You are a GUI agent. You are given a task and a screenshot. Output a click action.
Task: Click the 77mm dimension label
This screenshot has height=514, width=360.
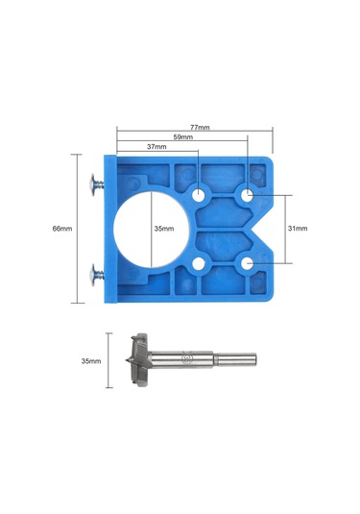point(200,127)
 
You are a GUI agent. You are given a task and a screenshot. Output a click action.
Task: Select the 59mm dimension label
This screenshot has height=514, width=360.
point(183,137)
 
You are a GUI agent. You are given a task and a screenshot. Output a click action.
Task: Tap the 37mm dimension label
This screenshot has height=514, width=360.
point(156,147)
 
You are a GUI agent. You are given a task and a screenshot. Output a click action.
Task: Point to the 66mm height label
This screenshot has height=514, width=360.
point(62,229)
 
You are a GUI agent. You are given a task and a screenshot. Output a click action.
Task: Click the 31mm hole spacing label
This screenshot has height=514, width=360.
point(298,229)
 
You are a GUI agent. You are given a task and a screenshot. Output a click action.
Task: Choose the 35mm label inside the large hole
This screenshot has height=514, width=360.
point(164,229)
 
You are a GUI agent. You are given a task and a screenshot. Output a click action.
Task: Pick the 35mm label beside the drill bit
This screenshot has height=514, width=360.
point(91,361)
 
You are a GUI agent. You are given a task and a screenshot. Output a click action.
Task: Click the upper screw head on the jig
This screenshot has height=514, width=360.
point(94,184)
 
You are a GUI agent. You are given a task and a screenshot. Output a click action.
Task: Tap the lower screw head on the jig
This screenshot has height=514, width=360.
point(94,275)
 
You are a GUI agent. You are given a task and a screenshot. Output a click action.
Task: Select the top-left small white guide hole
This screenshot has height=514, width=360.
point(198,196)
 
